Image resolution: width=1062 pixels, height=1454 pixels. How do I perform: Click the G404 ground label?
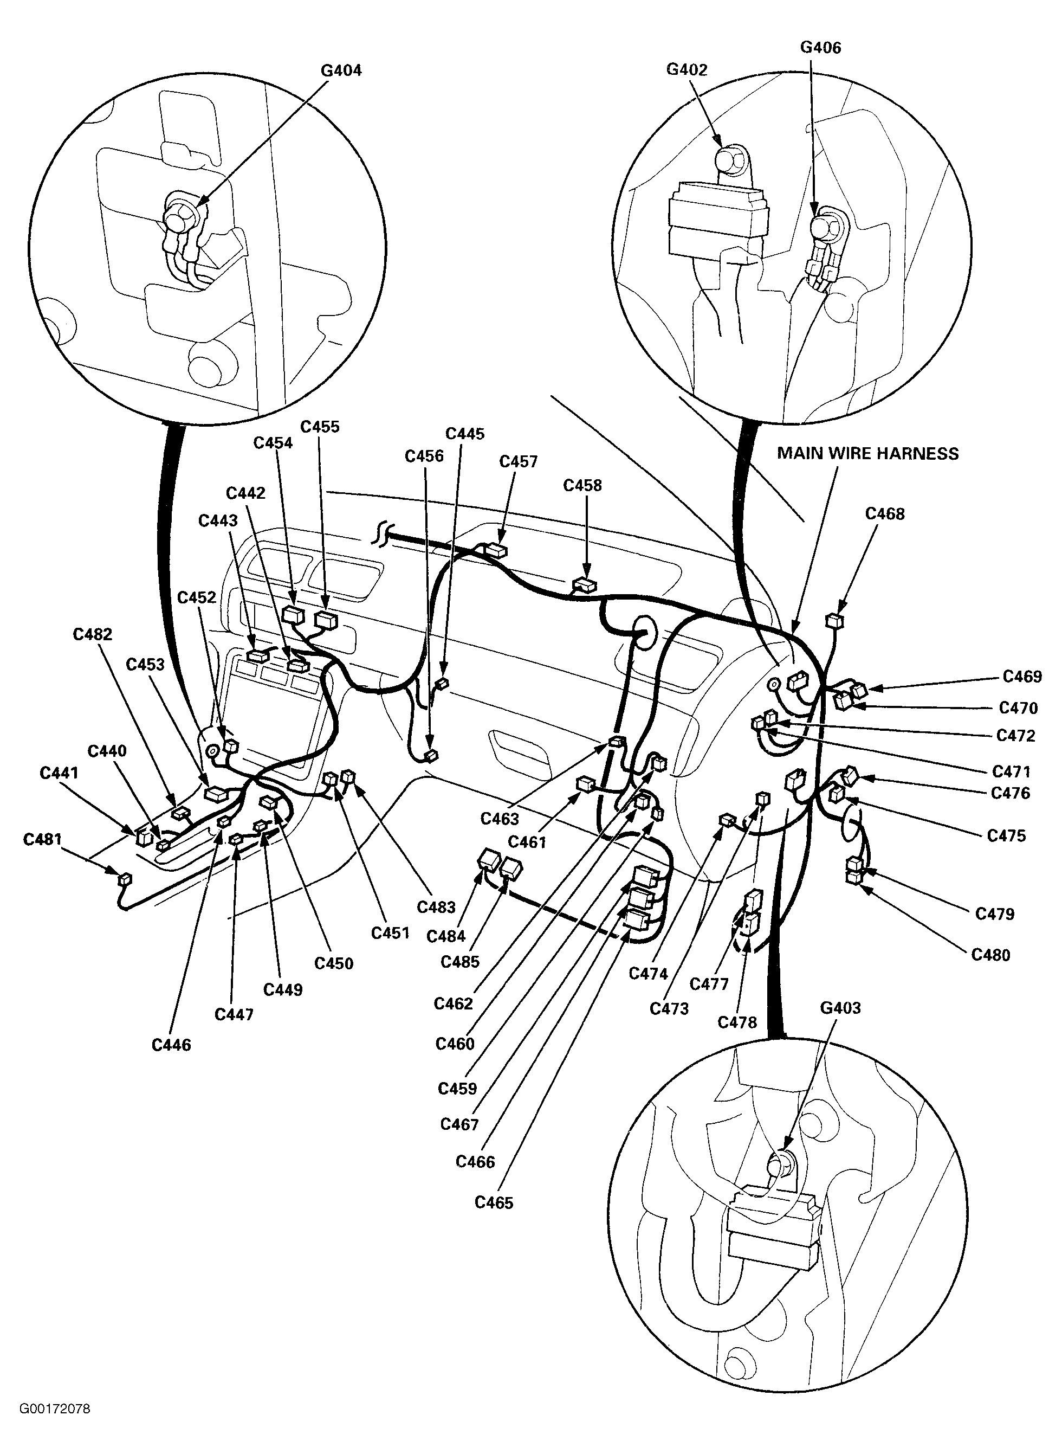(341, 70)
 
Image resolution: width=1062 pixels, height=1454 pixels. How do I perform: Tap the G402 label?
(687, 69)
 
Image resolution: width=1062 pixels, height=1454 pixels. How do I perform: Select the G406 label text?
(820, 47)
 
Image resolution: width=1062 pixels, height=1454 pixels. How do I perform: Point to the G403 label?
(840, 1008)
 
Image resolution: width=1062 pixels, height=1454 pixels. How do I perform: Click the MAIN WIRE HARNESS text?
(868, 453)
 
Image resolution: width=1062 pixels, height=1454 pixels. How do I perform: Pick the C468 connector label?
(885, 514)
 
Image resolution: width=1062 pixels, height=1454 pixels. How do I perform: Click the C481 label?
(42, 839)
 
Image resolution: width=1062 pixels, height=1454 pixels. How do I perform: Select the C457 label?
(518, 462)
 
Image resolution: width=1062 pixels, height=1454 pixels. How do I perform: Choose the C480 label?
(990, 955)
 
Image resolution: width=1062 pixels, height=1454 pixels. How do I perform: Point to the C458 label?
(582, 486)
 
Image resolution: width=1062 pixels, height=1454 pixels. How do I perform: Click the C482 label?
(93, 635)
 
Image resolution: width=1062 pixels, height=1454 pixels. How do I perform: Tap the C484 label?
(445, 936)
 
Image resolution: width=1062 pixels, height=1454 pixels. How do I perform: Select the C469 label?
(1022, 677)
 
